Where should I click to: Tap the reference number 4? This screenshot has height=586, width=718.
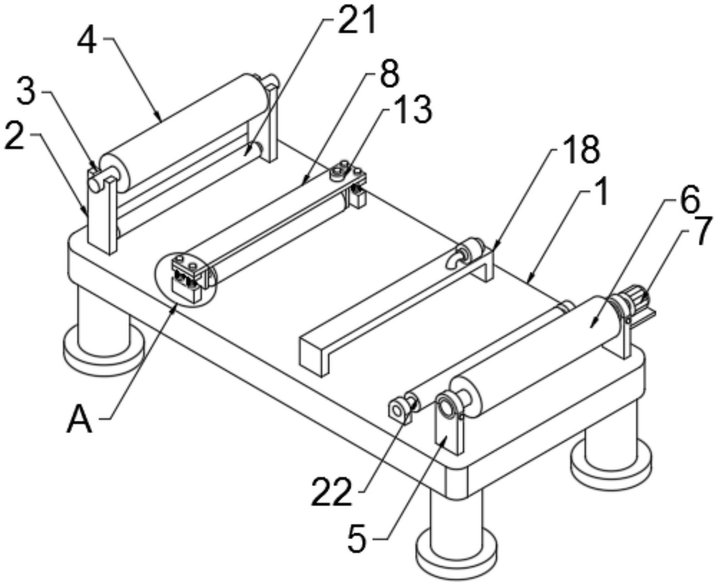coord(87,40)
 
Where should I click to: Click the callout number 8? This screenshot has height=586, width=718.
coord(389,74)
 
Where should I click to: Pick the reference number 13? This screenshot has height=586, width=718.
coord(413,111)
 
